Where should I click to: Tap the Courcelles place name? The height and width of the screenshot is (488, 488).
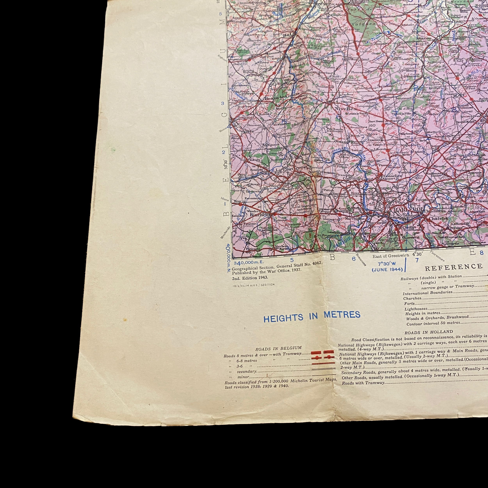point(353,179)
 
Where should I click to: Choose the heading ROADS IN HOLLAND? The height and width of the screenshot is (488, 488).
point(429,332)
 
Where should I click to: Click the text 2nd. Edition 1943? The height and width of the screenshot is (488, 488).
point(250,277)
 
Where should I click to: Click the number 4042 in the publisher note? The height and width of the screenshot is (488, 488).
point(315,263)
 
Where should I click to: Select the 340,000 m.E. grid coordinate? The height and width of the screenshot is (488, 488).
point(249,262)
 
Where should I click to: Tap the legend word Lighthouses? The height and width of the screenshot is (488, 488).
point(416,309)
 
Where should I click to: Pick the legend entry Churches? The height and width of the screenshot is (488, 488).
point(412,298)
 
